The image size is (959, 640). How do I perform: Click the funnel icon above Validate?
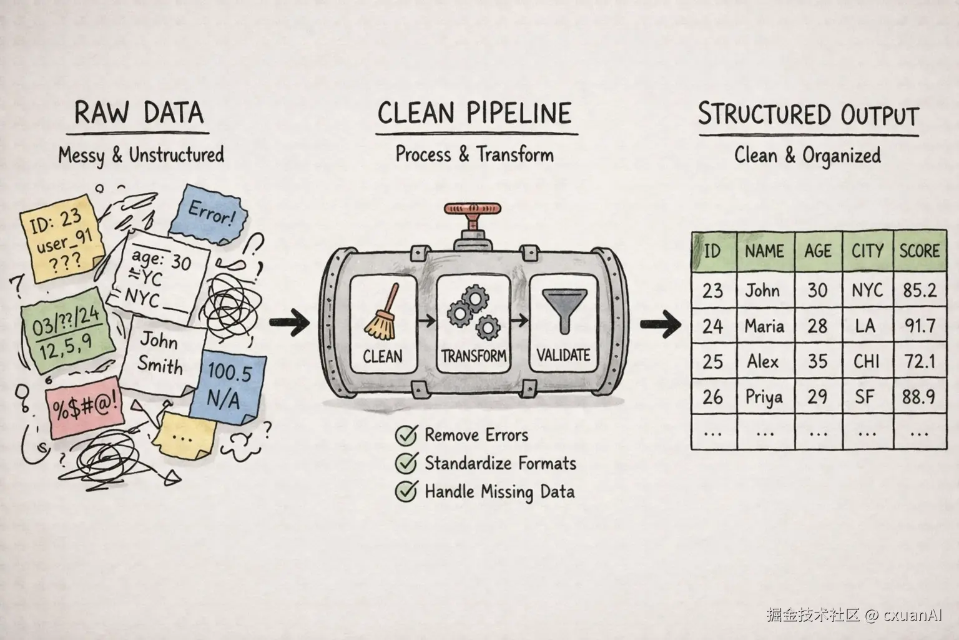(x=563, y=309)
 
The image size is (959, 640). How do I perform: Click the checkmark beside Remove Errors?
(x=406, y=435)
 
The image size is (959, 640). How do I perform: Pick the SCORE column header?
(x=919, y=251)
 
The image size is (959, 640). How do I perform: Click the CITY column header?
(x=867, y=251)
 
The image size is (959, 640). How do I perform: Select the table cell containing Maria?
(x=765, y=326)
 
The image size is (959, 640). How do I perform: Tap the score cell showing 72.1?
(x=919, y=361)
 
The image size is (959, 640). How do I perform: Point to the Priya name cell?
(x=765, y=397)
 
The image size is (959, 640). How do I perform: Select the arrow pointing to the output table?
(x=660, y=324)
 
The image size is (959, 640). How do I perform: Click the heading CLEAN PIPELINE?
(x=475, y=114)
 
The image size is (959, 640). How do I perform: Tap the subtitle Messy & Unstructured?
(x=141, y=155)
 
